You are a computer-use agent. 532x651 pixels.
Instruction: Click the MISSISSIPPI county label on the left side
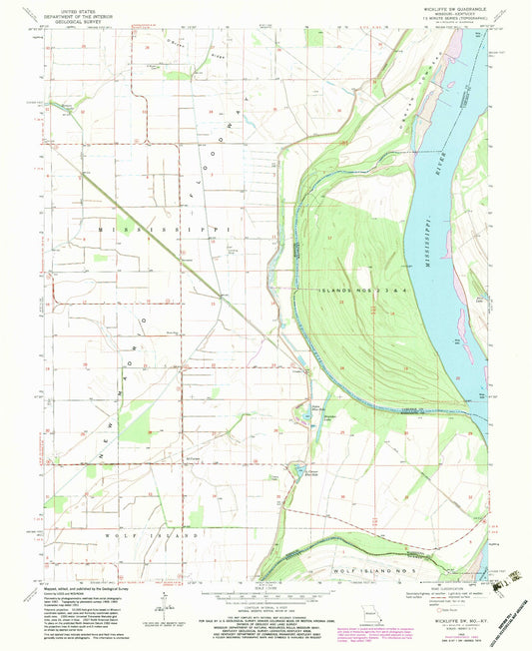pos(165,229)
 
